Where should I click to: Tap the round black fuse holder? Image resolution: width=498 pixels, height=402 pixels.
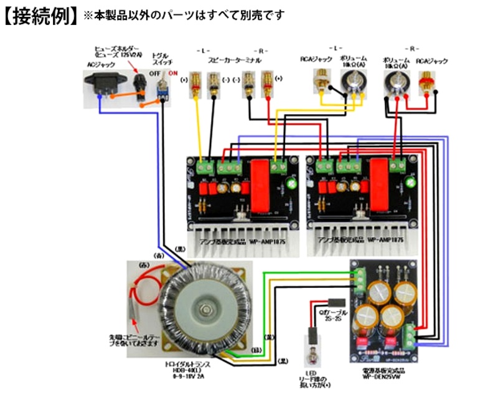[139, 82]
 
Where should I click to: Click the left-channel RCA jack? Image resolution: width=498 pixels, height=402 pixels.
[324, 80]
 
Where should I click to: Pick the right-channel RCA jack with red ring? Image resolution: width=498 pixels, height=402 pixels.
[427, 80]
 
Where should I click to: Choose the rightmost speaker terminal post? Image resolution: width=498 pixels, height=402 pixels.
[268, 81]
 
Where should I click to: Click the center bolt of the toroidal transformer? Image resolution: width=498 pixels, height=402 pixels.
[204, 310]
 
